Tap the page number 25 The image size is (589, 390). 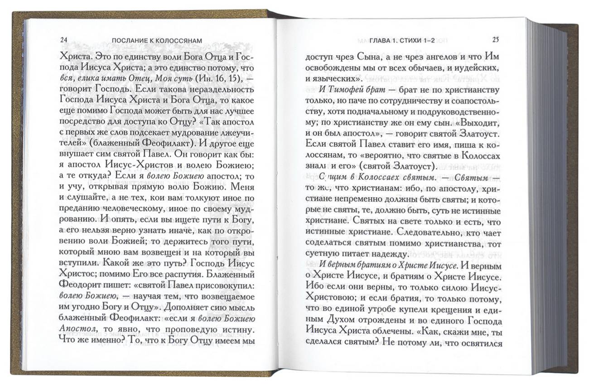[x=495, y=39]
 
